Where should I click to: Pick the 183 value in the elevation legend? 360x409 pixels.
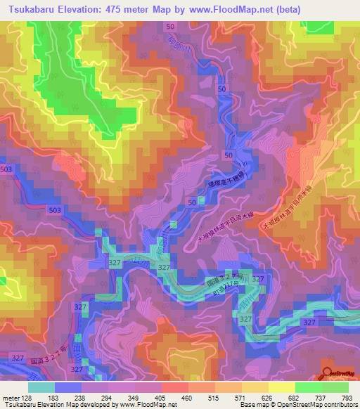tap(68, 398)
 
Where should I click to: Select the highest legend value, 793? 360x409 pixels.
tap(348, 398)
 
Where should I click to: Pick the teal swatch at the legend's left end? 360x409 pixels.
tap(41, 387)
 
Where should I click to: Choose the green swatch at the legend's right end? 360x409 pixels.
tap(335, 387)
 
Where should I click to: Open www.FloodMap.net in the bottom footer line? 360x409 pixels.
tap(150, 405)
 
